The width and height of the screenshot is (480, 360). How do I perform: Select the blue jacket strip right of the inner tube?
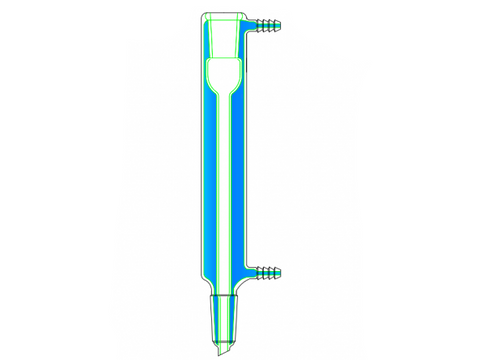click(240, 180)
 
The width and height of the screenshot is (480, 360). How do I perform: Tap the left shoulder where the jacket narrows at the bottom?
click(205, 285)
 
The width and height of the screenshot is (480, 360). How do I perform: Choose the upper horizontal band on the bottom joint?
click(225, 297)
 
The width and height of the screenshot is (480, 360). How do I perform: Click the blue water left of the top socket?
click(207, 40)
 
